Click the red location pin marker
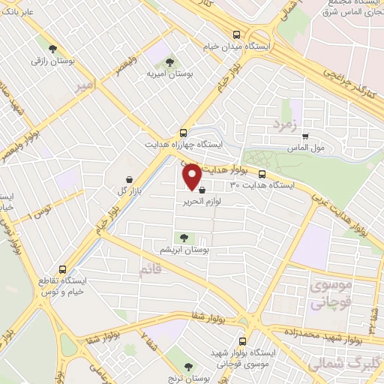tap(192, 177)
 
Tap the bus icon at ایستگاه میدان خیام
tap(237, 34)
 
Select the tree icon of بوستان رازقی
tap(51, 49)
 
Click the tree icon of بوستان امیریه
tap(169, 61)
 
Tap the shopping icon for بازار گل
tap(131, 180)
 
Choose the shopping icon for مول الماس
tap(305, 136)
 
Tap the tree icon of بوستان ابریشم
tap(183, 237)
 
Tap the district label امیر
tap(85, 87)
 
